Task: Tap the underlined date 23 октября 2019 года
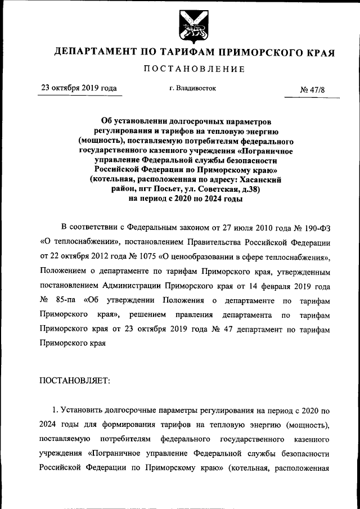coord(79,88)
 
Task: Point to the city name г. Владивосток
coord(192,88)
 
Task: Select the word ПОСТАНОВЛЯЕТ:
coord(75,381)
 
